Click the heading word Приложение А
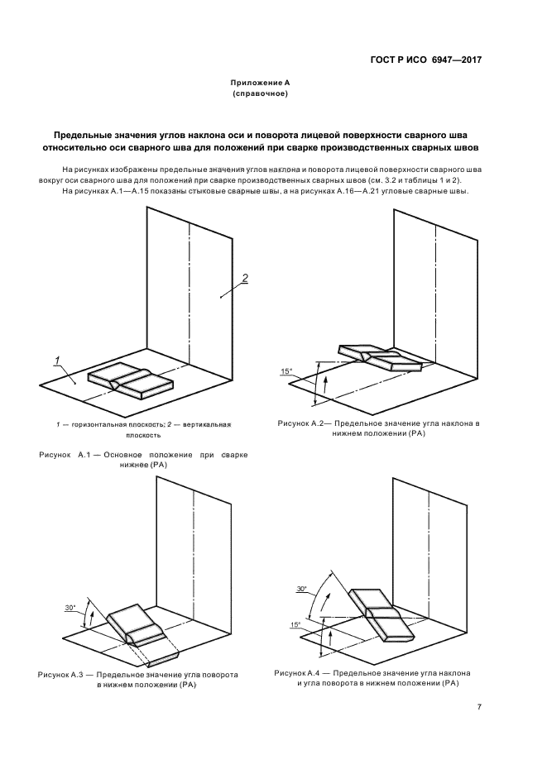[260, 84]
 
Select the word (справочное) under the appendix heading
[260, 94]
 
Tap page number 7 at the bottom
[479, 707]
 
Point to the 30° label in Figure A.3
[70, 608]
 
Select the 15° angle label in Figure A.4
[295, 624]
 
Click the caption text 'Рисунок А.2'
[304, 423]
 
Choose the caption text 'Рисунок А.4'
[302, 673]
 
